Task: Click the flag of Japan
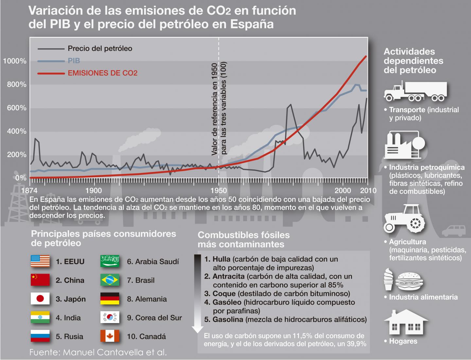pyautogui.click(x=40, y=299)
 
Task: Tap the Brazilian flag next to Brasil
pyautogui.click(x=110, y=280)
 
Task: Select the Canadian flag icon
pyautogui.click(x=110, y=336)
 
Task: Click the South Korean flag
pyautogui.click(x=110, y=317)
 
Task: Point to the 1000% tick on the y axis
pyautogui.click(x=15, y=61)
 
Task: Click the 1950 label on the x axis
pyautogui.click(x=218, y=191)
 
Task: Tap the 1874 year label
pyautogui.click(x=29, y=191)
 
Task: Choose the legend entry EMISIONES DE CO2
pyautogui.click(x=102, y=73)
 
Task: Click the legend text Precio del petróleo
pyautogui.click(x=100, y=49)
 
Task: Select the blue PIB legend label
pyautogui.click(x=74, y=61)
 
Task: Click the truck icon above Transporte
pyautogui.click(x=415, y=91)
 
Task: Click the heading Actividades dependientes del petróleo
pyautogui.click(x=413, y=61)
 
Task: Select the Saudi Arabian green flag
pyautogui.click(x=110, y=261)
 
